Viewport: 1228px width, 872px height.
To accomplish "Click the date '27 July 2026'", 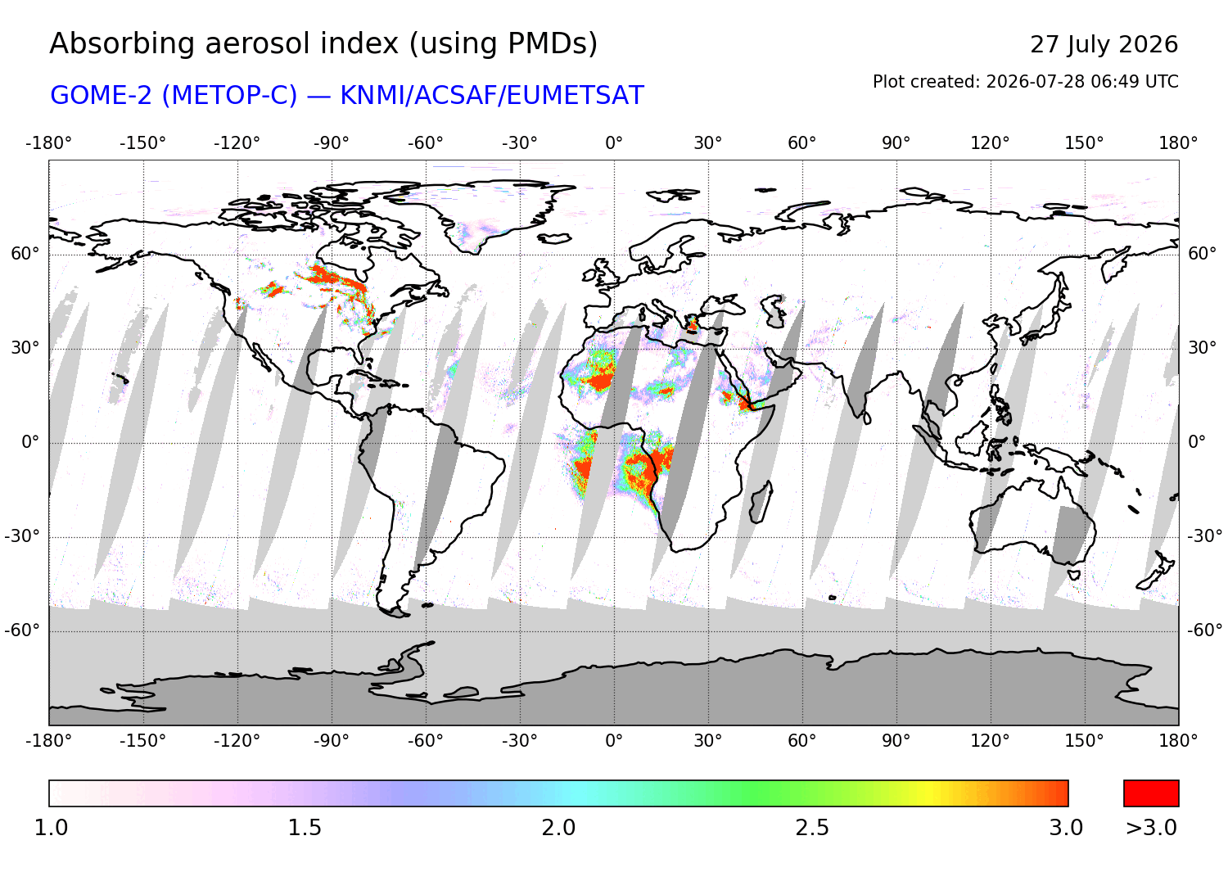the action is coord(1104,45).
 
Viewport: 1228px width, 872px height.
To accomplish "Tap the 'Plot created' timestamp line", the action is coord(1025,82).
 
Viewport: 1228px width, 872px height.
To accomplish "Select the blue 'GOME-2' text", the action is coord(101,96).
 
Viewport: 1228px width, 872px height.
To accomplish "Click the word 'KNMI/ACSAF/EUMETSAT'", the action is coord(492,96).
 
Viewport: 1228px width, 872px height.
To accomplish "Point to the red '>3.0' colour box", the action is coord(1151,793).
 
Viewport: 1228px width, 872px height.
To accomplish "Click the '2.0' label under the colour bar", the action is coord(558,828).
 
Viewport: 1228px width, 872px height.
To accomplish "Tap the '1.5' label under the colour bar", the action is coord(305,828).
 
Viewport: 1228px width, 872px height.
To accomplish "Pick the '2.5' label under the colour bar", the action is coord(812,828).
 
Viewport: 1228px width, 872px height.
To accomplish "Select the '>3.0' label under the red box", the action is coord(1151,828).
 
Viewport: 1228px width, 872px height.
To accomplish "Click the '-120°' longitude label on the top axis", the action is coord(237,143).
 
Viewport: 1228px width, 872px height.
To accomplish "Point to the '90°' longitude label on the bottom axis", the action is coord(896,741).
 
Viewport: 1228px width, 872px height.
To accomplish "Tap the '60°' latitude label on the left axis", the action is coord(25,254).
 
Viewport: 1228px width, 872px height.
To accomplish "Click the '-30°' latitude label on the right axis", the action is coord(1204,535).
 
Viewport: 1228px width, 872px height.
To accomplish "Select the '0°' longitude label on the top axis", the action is coord(614,143).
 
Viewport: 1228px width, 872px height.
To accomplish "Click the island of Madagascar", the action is coord(761,502).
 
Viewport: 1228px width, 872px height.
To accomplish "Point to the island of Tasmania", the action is coord(1073,575).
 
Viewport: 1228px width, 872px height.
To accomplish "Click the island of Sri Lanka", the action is coord(867,418).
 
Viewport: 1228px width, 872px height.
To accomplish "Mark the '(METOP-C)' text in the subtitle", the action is coord(229,96).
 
